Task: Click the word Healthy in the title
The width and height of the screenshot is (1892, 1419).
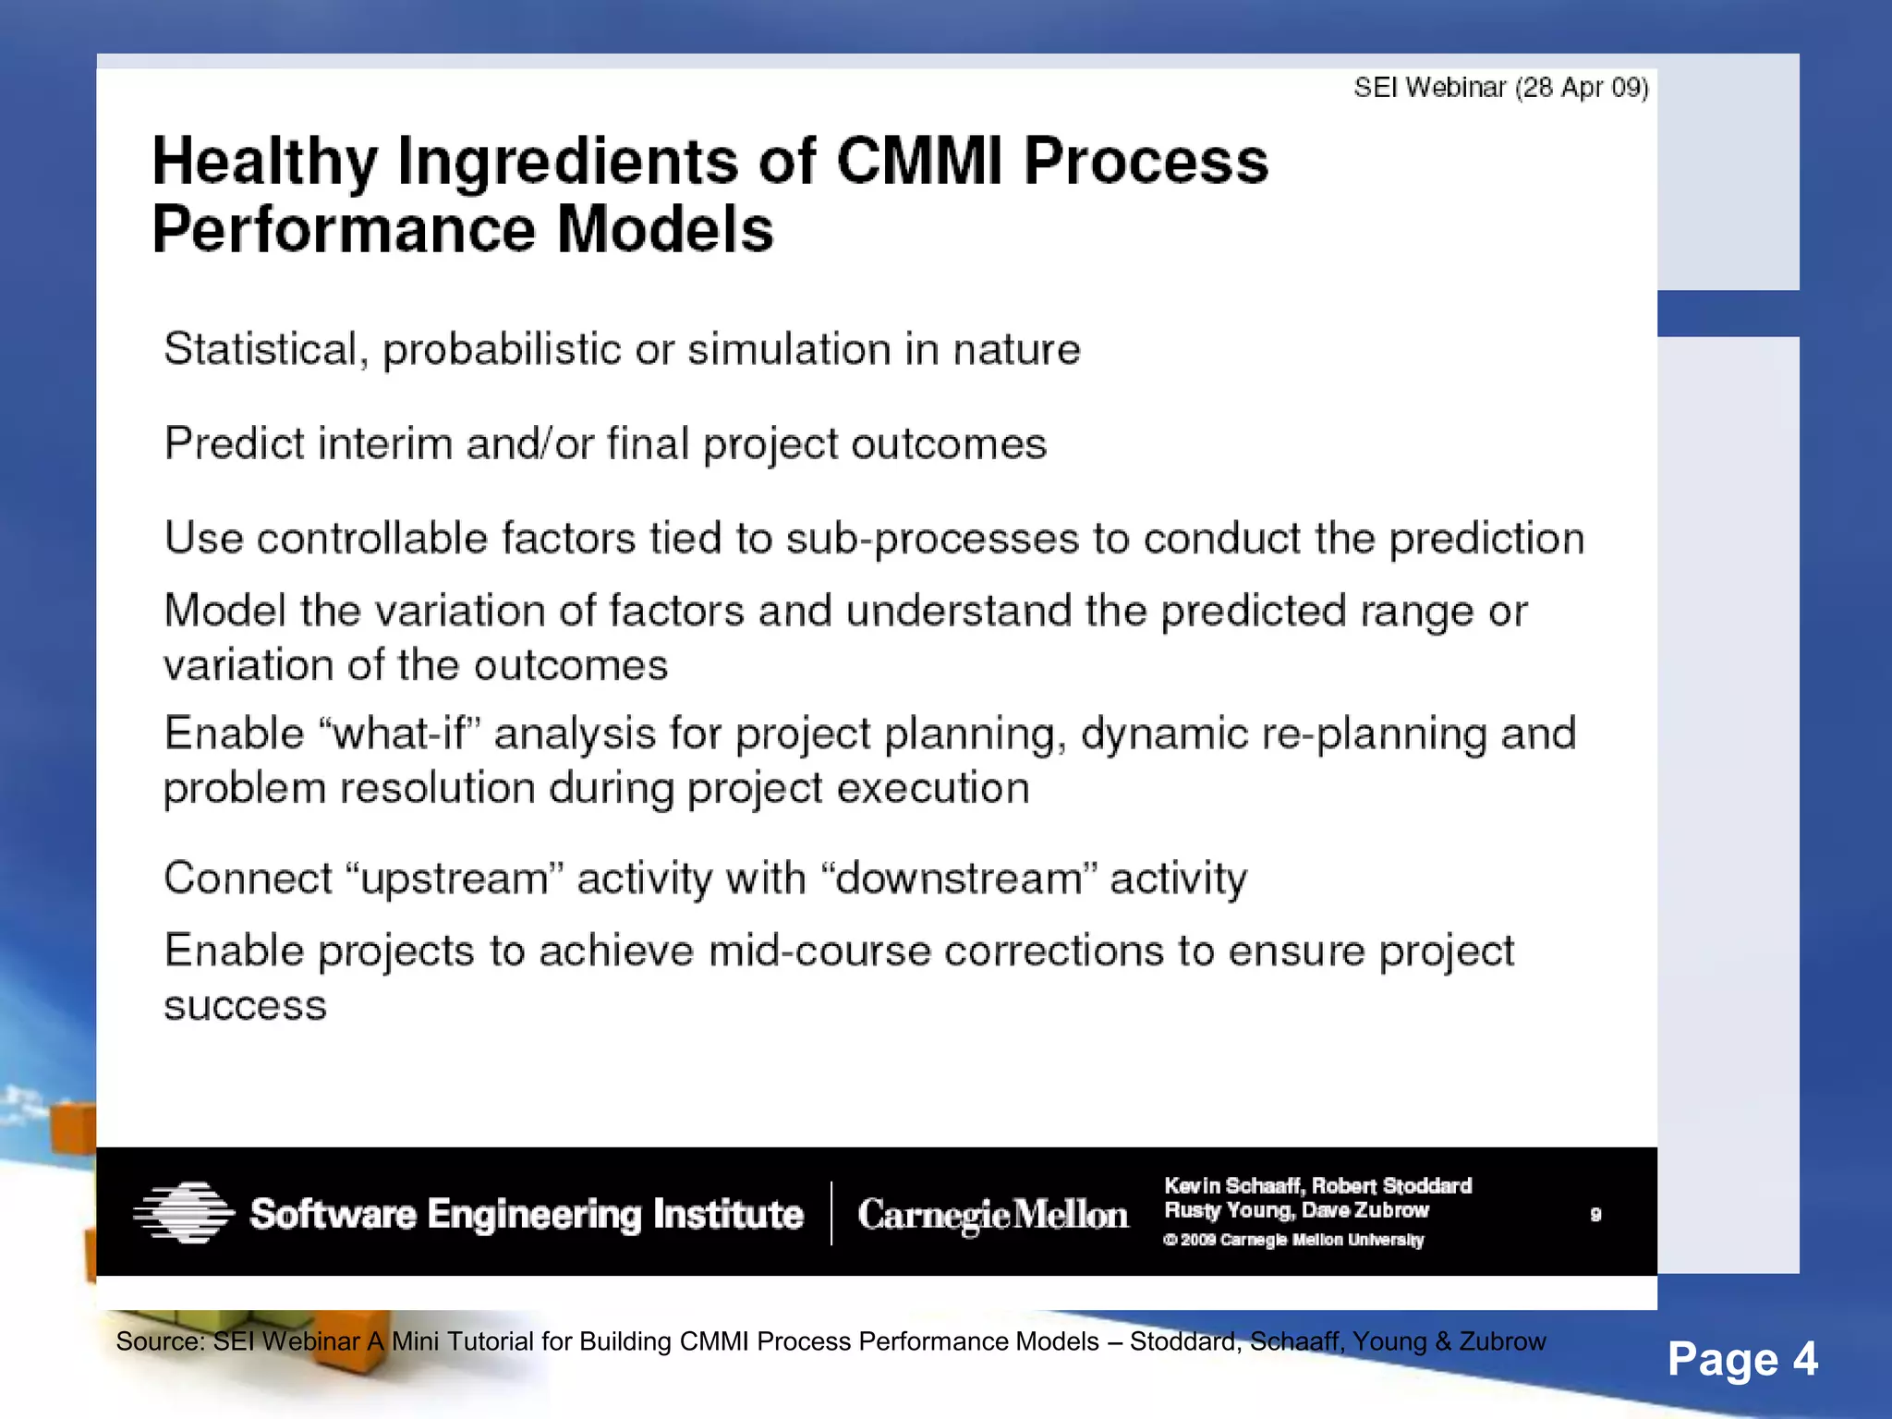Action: point(264,163)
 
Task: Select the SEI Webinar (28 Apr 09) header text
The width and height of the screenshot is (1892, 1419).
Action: point(1500,88)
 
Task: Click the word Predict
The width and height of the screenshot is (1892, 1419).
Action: point(234,444)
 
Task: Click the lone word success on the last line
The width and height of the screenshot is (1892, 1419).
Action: point(245,1006)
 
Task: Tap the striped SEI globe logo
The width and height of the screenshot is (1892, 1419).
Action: point(183,1212)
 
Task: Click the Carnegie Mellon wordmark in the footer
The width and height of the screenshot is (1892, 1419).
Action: point(992,1214)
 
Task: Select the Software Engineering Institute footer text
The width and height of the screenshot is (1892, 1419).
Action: point(527,1214)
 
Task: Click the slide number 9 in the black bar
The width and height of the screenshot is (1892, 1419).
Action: point(1595,1215)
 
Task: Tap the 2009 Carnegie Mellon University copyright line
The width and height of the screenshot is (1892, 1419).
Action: point(1293,1240)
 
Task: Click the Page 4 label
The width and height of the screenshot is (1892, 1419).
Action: point(1741,1359)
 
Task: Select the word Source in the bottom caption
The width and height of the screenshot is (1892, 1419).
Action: point(158,1342)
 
